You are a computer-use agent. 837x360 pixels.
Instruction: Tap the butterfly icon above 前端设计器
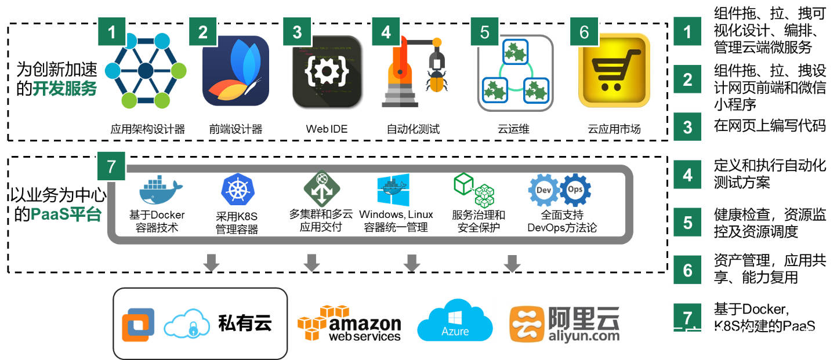coord(235,71)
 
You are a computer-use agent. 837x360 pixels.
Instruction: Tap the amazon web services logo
coord(349,323)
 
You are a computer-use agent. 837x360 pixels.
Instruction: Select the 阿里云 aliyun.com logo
coord(564,323)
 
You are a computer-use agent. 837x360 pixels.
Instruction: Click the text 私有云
coord(245,323)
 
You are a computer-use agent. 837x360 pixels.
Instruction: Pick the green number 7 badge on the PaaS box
coord(111,168)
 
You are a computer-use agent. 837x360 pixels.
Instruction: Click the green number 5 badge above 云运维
coord(484,32)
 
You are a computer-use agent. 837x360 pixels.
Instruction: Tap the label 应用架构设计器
coord(147,129)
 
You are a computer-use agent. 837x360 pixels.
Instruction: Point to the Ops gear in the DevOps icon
coord(574,190)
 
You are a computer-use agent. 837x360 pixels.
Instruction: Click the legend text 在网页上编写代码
coord(770,126)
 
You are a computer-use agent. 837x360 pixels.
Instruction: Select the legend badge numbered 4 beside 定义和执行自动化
coord(687,174)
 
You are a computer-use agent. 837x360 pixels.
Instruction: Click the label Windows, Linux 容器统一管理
coord(396,221)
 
